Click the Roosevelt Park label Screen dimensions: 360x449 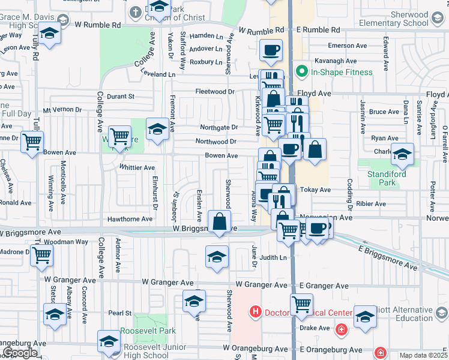148,331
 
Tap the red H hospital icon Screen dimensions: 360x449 256,312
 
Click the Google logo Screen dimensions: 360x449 20,353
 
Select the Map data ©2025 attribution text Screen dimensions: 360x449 424,355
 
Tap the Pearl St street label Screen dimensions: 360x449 119,313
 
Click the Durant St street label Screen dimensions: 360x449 121,96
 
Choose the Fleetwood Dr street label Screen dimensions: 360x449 214,92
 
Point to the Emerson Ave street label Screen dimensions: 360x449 347,46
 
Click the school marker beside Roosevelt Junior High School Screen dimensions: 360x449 109,341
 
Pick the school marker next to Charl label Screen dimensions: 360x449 402,154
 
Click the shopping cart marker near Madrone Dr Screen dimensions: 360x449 41,254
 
